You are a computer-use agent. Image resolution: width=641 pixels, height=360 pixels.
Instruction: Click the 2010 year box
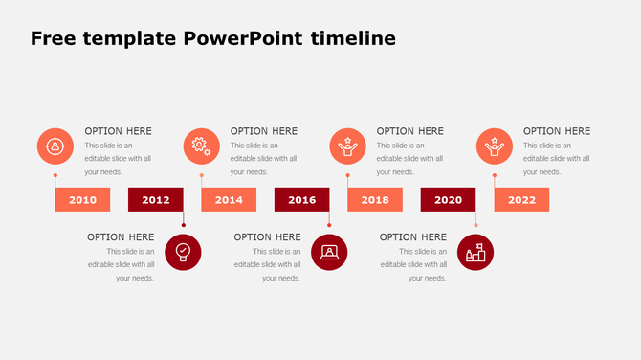click(x=82, y=200)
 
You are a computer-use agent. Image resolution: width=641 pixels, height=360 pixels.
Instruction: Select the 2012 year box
click(x=155, y=200)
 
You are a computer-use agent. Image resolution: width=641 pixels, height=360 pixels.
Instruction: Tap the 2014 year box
click(x=229, y=200)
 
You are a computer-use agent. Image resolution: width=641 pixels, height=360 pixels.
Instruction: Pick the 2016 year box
click(x=301, y=200)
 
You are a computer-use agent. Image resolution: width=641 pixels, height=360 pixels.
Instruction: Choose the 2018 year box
click(x=375, y=200)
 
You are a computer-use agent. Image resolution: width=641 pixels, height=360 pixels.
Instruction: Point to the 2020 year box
click(x=448, y=200)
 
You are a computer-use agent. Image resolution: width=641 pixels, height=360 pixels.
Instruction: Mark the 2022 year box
click(x=521, y=200)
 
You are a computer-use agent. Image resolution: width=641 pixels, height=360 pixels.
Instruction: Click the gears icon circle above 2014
click(x=201, y=146)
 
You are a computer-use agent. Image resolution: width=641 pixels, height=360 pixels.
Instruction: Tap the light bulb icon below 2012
click(x=183, y=253)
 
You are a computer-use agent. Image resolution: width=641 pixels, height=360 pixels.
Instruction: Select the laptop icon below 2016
click(x=329, y=253)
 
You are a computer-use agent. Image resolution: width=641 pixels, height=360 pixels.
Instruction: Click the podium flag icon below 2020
click(x=475, y=253)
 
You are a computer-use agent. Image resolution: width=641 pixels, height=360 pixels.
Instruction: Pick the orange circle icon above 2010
click(x=55, y=146)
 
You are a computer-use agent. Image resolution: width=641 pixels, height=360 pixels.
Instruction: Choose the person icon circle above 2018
click(x=347, y=146)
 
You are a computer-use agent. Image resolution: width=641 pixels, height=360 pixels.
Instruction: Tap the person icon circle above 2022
click(x=495, y=146)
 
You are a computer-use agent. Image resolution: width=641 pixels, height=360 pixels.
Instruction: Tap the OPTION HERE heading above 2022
click(x=557, y=131)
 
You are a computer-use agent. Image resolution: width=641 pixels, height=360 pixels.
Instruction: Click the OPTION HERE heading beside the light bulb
click(x=121, y=237)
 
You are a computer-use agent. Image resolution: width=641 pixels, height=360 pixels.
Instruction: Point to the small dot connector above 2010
click(x=55, y=176)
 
